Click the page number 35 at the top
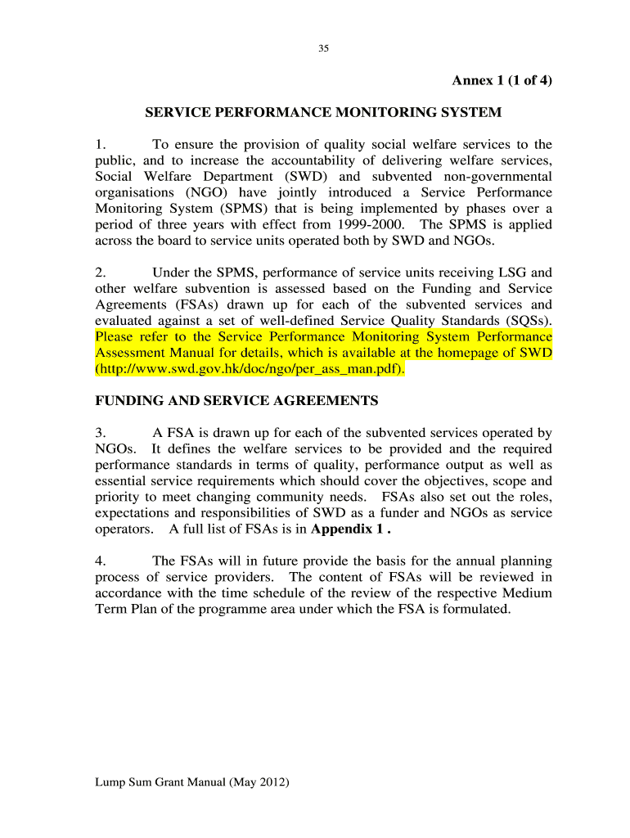pyautogui.click(x=323, y=49)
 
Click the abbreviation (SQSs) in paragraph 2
pyautogui.click(x=524, y=320)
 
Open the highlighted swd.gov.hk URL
pyautogui.click(x=250, y=369)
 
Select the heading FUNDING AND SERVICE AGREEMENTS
pyautogui.click(x=236, y=401)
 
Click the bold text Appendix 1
pyautogui.click(x=353, y=529)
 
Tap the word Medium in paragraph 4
pyautogui.click(x=528, y=593)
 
